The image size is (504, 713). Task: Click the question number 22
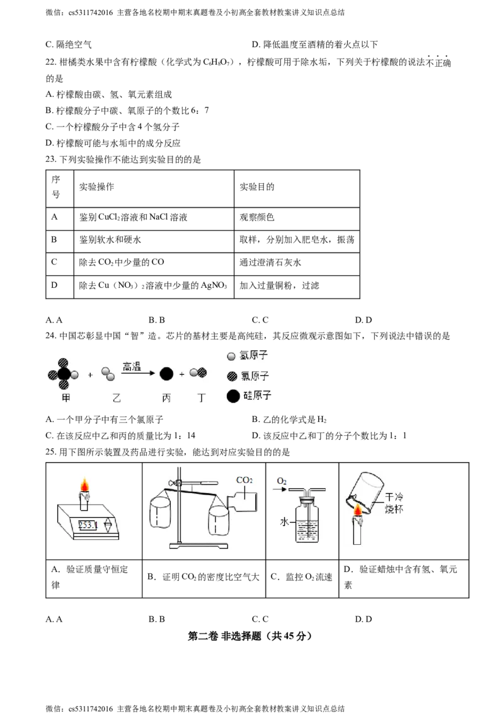pos(50,62)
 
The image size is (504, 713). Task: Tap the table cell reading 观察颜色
pos(257,217)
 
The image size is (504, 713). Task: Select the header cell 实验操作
pos(96,187)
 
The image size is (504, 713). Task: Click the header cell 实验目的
pos(257,187)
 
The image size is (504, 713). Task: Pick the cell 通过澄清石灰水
pos(270,263)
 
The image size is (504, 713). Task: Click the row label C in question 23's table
pos(54,262)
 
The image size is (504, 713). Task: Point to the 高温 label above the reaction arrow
pos(132,366)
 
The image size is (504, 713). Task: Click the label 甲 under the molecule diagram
pos(66,398)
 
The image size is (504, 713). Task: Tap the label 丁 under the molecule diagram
pos(202,398)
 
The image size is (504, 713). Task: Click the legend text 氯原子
pos(255,376)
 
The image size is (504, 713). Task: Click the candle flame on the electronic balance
pos(84,485)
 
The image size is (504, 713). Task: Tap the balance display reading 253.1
pos(88,526)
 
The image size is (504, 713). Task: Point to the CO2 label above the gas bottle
pos(244,480)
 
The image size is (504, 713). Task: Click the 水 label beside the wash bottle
pos(284,522)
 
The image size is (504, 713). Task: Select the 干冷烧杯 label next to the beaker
pos(394,503)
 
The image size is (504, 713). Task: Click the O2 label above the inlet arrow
pos(282,481)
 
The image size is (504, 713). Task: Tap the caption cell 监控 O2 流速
pos(302,577)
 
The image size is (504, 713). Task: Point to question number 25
pos(50,452)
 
